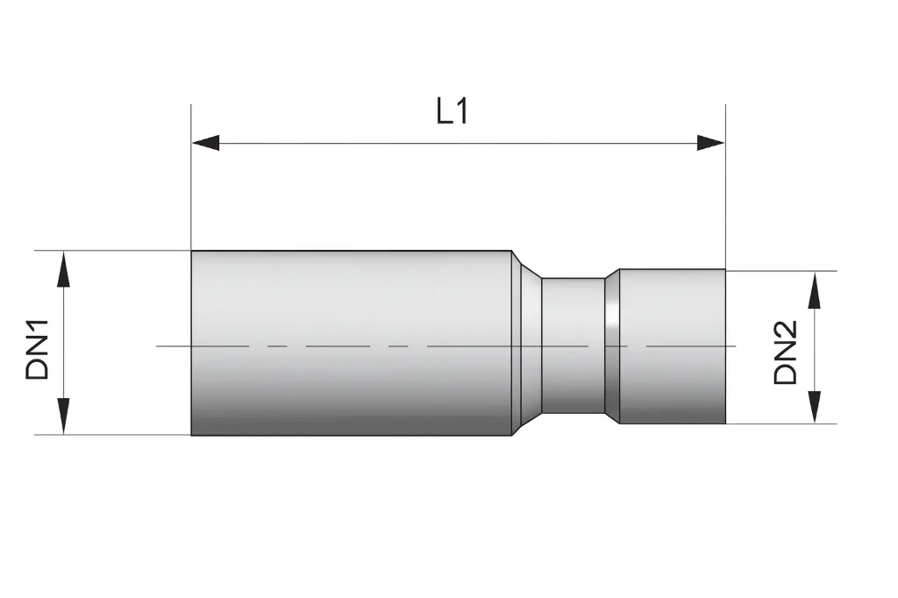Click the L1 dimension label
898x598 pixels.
click(453, 111)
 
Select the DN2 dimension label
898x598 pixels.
click(786, 352)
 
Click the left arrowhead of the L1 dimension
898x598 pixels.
click(205, 143)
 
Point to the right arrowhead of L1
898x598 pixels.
click(711, 143)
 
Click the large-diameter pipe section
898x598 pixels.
click(351, 342)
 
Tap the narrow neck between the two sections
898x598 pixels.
click(572, 346)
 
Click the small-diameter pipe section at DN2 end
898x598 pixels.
click(673, 346)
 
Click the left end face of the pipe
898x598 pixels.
click(192, 342)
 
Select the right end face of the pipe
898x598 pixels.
click(724, 346)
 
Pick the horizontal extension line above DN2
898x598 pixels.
click(780, 270)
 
